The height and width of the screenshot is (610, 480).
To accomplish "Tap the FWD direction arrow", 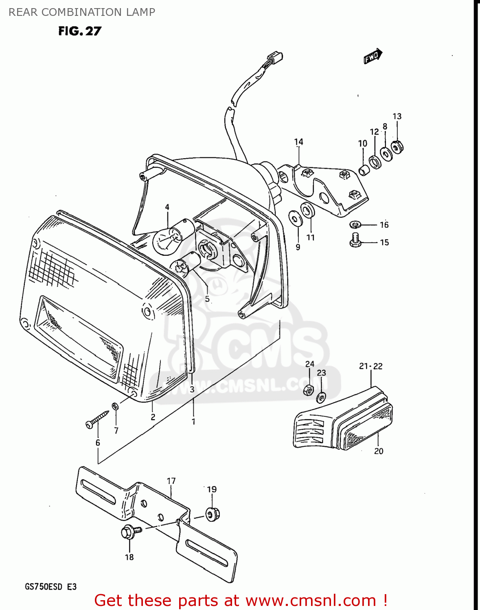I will pyautogui.click(x=373, y=57).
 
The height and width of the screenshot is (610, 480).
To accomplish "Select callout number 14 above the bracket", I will pyautogui.click(x=298, y=142).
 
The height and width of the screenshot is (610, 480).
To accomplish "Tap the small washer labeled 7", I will pyautogui.click(x=116, y=405).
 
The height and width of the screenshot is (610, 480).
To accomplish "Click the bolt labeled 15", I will pyautogui.click(x=355, y=240).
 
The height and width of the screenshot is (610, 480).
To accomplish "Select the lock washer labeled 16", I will pyautogui.click(x=355, y=224).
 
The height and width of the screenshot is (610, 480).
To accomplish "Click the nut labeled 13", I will pyautogui.click(x=397, y=146).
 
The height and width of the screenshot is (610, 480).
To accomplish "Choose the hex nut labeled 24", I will pyautogui.click(x=309, y=390).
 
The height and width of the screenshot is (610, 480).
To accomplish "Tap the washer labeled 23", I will pyautogui.click(x=321, y=397).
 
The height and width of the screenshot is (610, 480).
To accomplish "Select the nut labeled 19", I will pyautogui.click(x=212, y=514).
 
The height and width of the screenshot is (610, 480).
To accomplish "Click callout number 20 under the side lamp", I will pyautogui.click(x=379, y=451).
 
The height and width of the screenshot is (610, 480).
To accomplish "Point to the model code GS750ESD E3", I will pyautogui.click(x=50, y=587).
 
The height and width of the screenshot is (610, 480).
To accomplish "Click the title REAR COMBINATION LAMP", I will pyautogui.click(x=82, y=12).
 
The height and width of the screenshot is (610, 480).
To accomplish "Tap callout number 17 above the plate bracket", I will pyautogui.click(x=171, y=481).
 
